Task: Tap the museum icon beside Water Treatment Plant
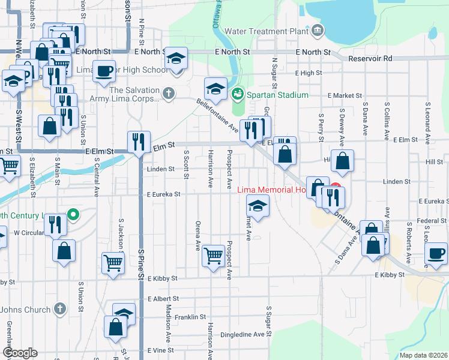point(317,30)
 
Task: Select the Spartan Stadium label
point(280,95)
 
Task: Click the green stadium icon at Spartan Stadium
point(238,94)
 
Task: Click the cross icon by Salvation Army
point(169,93)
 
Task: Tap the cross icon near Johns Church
point(59,309)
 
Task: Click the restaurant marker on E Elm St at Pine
point(139,142)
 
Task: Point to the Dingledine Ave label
point(243,334)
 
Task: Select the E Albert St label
point(163,298)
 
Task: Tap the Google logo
point(20,353)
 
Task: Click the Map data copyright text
point(423,355)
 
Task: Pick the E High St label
point(309,73)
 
